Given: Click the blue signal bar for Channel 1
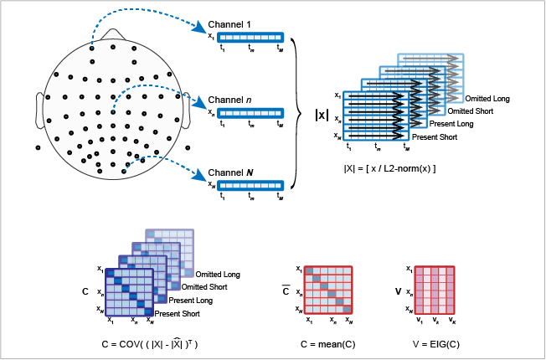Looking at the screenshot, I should click(x=250, y=37).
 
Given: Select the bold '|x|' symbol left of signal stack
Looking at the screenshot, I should click(x=322, y=116).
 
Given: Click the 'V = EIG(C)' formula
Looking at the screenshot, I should click(x=434, y=343).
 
